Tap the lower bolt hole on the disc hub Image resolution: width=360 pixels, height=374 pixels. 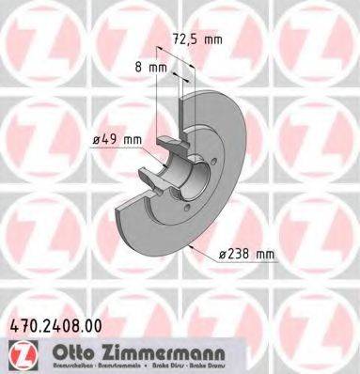[x=187, y=209]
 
